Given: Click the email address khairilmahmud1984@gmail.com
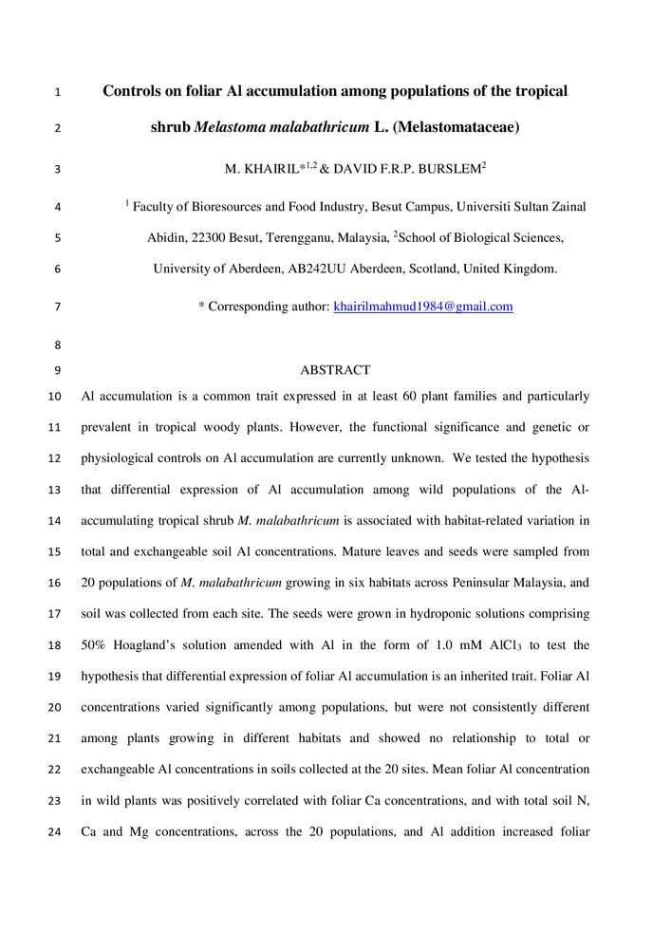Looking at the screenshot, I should click(423, 307).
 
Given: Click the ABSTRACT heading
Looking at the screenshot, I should click(335, 369).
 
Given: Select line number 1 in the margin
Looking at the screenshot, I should click(58, 93).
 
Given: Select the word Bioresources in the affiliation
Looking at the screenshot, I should click(219, 207).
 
